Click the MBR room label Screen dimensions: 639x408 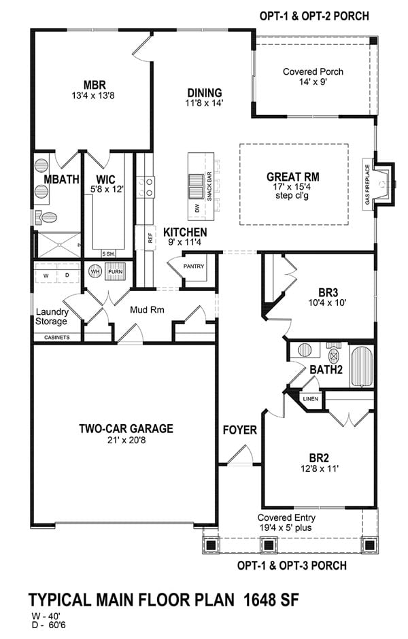point(94,85)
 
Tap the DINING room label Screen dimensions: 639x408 point(204,93)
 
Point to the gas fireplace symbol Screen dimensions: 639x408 point(386,183)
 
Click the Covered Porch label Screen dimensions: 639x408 point(313,71)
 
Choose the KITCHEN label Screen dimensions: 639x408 point(185,232)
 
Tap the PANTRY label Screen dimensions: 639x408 point(194,266)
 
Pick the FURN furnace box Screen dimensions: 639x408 point(116,272)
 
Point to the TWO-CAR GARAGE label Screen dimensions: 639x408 point(126,429)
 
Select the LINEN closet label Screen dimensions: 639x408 point(310,399)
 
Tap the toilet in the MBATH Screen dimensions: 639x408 point(48,217)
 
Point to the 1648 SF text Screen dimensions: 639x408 point(265,600)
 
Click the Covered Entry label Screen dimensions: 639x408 point(286,517)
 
